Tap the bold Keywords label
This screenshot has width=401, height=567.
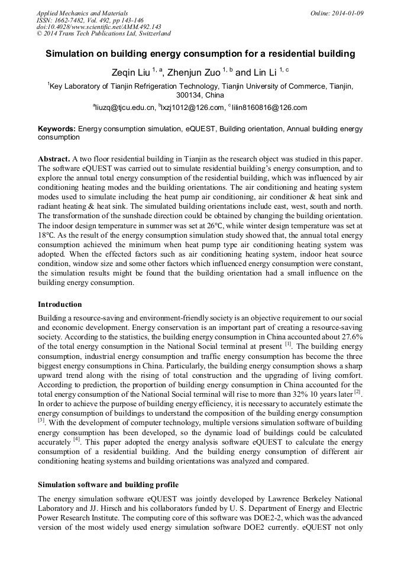pyautogui.click(x=57, y=129)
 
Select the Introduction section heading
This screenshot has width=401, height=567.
pyautogui.click(x=60, y=304)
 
